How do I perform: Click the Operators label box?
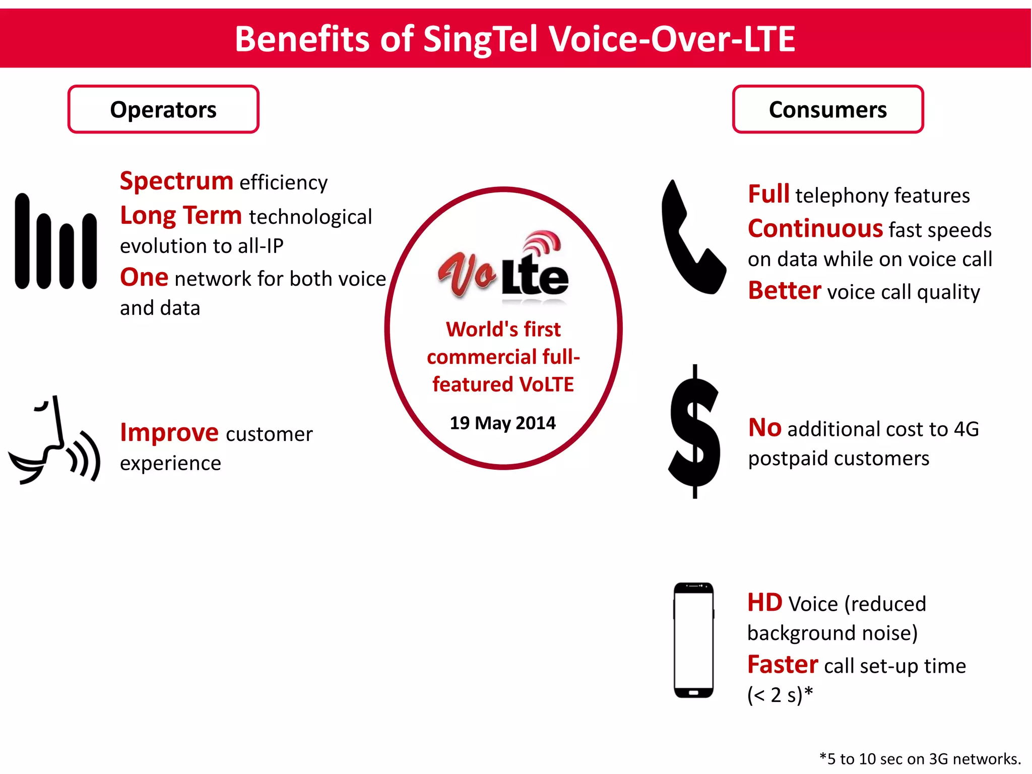point(163,109)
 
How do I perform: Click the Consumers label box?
point(827,109)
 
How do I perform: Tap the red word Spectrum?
point(176,181)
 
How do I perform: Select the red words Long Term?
point(181,216)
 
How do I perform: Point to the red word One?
point(144,278)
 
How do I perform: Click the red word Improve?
point(169,433)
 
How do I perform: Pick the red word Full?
point(768,195)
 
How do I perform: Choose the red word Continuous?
point(815,229)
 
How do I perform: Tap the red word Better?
point(785,291)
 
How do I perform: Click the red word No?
point(764,428)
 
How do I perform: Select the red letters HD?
point(764,603)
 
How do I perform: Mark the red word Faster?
point(782,665)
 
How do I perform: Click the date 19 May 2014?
point(502,423)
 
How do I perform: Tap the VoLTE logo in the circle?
point(503,267)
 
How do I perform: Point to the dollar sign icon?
point(694,431)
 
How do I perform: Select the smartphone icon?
point(694,640)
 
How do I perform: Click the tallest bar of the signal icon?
point(22,241)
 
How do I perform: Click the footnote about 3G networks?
point(920,758)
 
